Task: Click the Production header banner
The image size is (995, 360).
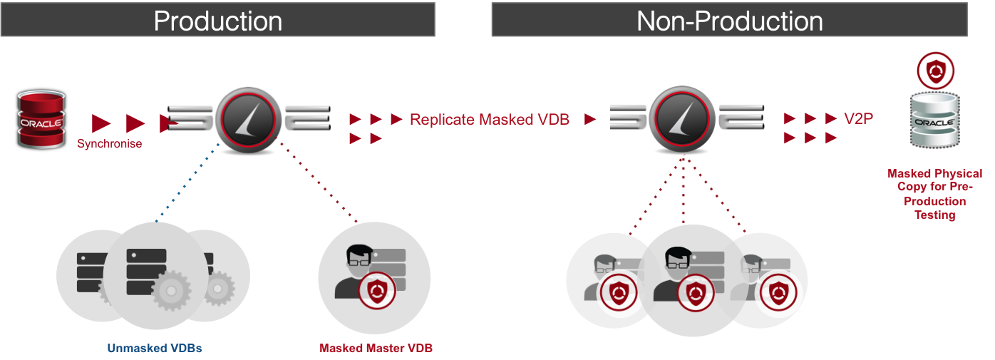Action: [x=217, y=20]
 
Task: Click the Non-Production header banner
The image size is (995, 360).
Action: [x=729, y=20]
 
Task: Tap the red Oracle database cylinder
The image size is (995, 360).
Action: [x=41, y=119]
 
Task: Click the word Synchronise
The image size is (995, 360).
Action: [x=110, y=144]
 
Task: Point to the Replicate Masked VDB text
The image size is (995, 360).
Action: [x=489, y=120]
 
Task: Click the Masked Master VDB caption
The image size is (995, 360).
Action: [x=376, y=349]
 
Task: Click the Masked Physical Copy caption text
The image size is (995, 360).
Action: [x=934, y=194]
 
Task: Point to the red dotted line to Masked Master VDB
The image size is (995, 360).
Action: [x=317, y=182]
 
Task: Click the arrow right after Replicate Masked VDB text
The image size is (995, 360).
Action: [x=589, y=120]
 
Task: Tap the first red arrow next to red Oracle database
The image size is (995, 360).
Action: [x=101, y=124]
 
